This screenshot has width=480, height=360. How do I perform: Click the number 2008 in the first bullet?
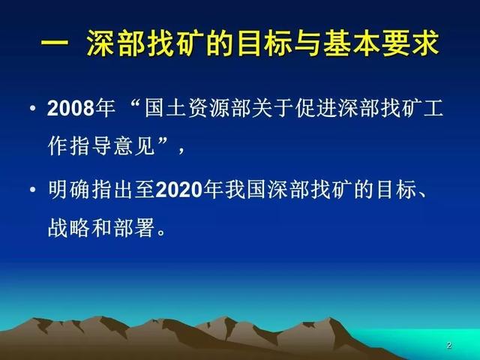[x=70, y=108]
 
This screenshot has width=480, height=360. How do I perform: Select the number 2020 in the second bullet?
[x=179, y=190]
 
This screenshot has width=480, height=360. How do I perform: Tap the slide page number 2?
[x=449, y=345]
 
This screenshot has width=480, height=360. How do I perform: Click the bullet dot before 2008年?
[x=33, y=108]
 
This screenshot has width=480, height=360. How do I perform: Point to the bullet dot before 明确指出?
[x=33, y=190]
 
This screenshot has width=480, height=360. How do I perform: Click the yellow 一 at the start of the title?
[x=55, y=43]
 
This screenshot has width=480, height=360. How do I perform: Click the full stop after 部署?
[x=160, y=232]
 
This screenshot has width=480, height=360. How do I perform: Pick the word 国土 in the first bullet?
[x=166, y=108]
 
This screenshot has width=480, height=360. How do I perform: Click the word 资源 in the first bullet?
[x=209, y=108]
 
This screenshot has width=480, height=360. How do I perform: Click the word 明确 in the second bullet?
[x=69, y=190]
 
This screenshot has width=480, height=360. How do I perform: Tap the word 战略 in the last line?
[x=69, y=228]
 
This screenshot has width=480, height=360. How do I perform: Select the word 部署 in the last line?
[x=133, y=228]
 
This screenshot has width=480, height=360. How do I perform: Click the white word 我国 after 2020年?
[x=246, y=190]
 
